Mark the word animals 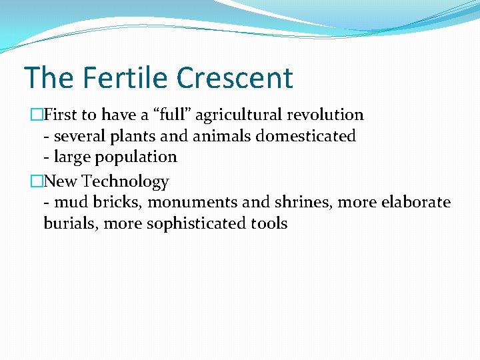[206, 136]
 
